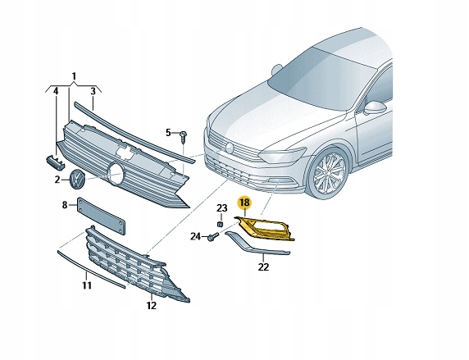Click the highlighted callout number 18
pos(244,202)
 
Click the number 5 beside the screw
pos(168,132)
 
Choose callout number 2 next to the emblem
pos(58,179)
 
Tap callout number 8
pos(65,205)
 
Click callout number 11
pos(86,285)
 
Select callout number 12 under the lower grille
pos(151,306)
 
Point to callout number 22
pos(263,267)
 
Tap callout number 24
pos(196,237)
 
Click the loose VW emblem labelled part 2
pos(76,180)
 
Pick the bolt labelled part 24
pos(212,238)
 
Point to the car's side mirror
pos(375,107)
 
